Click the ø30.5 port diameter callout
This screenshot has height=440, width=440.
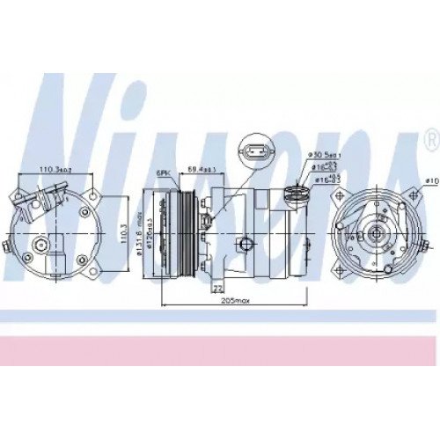[325, 155]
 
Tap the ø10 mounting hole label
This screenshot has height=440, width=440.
[430, 180]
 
